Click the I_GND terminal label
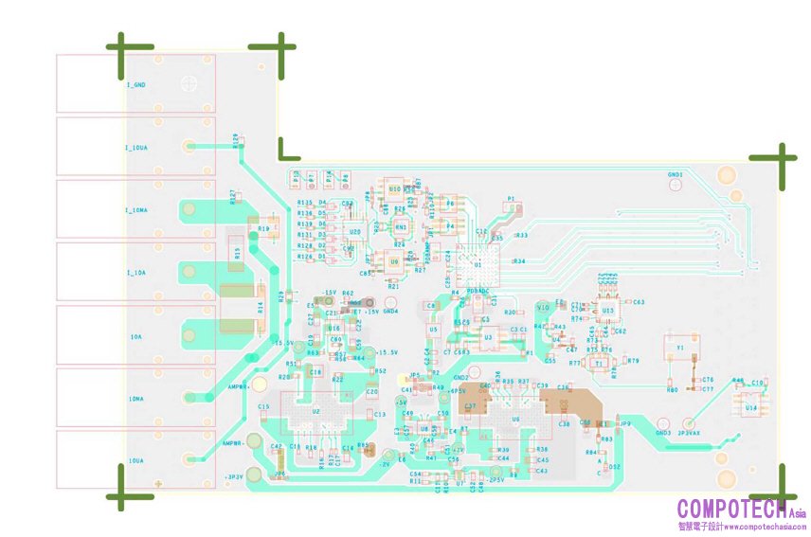coord(136,85)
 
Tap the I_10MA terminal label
coord(136,210)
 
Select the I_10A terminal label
coord(135,273)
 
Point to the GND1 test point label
coord(675,174)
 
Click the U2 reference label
coord(316,413)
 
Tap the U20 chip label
coord(354,231)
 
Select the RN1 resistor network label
coord(401,227)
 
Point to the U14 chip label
coord(750,407)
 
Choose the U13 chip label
coord(607,310)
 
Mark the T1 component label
coord(599,363)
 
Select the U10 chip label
coord(394,188)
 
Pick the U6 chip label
coord(515,418)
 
